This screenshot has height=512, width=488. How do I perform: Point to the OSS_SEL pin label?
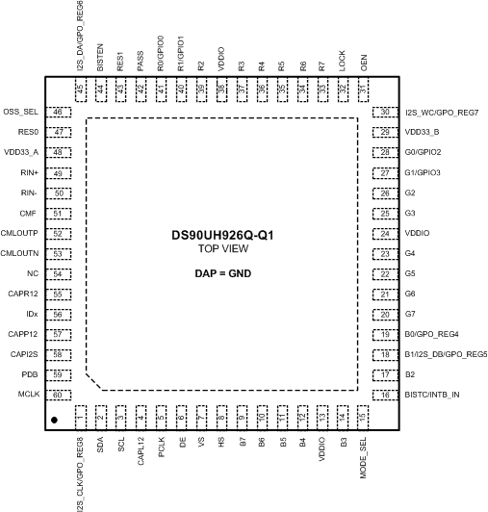[20, 113]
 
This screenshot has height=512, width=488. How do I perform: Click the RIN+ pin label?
[28, 173]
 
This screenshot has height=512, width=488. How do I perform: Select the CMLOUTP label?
[20, 234]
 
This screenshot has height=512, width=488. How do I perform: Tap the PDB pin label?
[30, 374]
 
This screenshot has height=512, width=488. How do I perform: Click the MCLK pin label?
[27, 395]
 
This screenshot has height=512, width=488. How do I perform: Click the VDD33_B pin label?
[423, 133]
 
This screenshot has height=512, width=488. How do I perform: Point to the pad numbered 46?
[59, 113]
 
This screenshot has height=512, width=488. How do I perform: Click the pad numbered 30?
[385, 113]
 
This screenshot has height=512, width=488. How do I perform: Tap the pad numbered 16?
[385, 395]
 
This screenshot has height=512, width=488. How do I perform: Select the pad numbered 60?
[59, 395]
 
